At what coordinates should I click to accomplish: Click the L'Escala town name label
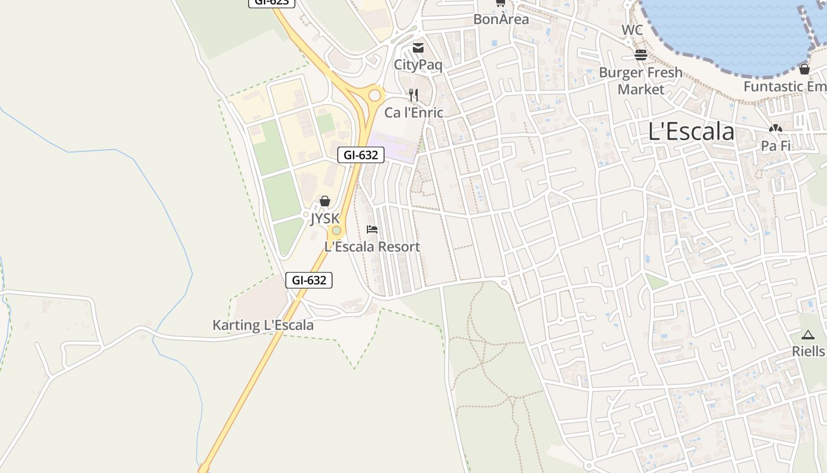[691, 131]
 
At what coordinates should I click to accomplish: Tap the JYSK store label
[325, 219]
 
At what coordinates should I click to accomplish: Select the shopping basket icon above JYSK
[324, 202]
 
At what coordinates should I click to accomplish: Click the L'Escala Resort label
[372, 247]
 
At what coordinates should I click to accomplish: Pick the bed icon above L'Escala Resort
[372, 229]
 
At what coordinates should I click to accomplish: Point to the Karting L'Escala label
[263, 325]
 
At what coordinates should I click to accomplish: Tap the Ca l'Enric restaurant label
[413, 112]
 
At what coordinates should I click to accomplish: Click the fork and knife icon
[413, 95]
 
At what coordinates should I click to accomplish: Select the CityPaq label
[418, 65]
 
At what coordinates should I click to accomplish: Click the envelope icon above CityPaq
[418, 48]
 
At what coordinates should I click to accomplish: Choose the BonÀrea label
[501, 19]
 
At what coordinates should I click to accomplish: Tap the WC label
[632, 30]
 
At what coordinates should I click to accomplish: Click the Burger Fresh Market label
[641, 81]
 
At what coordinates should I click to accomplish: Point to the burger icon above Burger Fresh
[641, 55]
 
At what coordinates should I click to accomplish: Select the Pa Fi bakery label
[776, 145]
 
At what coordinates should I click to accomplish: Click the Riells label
[808, 351]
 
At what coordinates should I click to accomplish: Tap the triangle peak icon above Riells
[808, 335]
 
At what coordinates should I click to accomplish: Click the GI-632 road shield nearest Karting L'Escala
[309, 280]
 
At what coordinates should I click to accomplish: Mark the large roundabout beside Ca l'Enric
[375, 95]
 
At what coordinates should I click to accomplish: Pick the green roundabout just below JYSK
[336, 230]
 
